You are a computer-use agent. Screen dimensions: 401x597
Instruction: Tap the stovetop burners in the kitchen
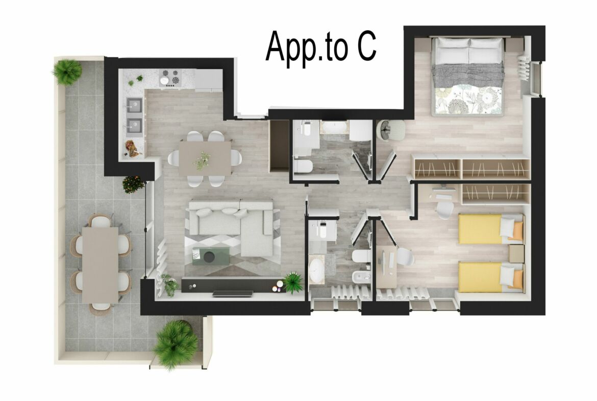(x=170, y=77)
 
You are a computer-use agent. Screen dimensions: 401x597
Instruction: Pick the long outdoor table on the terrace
(x=100, y=264)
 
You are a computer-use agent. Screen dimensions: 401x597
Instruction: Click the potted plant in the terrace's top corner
(x=67, y=71)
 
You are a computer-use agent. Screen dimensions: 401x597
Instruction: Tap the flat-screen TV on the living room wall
(x=233, y=294)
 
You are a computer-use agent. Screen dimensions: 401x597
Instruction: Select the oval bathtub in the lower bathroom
(x=317, y=270)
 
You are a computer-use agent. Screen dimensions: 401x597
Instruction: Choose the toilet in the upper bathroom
(x=306, y=166)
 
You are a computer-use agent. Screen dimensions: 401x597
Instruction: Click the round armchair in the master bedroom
(x=391, y=130)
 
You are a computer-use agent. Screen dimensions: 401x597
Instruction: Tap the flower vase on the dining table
(x=202, y=160)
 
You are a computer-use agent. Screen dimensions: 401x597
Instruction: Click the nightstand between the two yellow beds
(x=516, y=252)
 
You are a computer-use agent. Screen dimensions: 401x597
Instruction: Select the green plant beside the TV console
(x=293, y=282)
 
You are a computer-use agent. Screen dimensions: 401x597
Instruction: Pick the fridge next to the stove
(x=209, y=79)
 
